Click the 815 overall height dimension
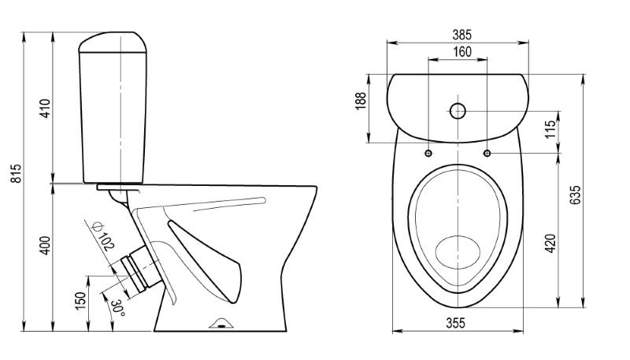click(17, 173)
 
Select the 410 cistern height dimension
click(45, 108)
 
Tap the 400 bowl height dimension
click(45, 245)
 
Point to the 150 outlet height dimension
click(81, 301)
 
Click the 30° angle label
click(118, 307)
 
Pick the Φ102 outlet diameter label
click(103, 236)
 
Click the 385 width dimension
click(461, 35)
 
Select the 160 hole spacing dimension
click(462, 52)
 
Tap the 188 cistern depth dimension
click(361, 102)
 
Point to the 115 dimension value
click(550, 128)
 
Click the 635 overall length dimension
click(575, 195)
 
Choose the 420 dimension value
click(550, 243)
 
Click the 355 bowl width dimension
click(455, 323)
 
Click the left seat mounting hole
click(428, 153)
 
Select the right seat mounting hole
click(487, 153)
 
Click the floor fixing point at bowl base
click(222, 324)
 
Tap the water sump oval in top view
click(458, 252)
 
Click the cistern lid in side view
click(113, 43)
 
